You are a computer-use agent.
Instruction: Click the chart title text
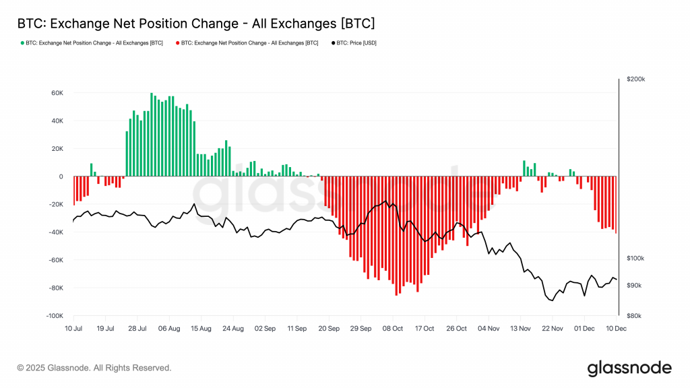coord(196,24)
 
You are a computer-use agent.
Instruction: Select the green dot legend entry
coord(92,43)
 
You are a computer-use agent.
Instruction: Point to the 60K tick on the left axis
coord(56,93)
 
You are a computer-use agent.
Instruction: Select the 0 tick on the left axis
coord(61,176)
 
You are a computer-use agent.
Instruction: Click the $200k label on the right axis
coord(635,79)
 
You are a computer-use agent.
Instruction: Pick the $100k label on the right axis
coord(635,259)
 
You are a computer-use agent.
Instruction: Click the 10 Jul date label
coord(73,329)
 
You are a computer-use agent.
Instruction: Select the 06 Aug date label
coord(169,329)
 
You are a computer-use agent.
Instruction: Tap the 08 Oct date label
coord(392,329)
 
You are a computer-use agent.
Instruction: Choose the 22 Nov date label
coord(553,329)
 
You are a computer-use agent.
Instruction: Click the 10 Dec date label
coord(616,329)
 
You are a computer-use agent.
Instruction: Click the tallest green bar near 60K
coord(152,135)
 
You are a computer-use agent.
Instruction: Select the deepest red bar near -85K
coord(396,236)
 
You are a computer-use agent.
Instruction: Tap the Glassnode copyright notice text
coord(94,368)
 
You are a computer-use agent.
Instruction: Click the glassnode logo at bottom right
coord(629,368)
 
